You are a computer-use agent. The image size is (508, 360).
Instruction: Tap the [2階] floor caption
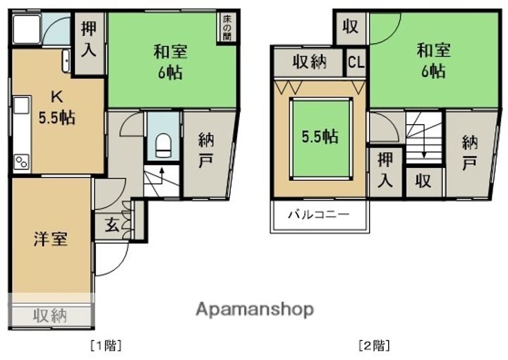[373, 346]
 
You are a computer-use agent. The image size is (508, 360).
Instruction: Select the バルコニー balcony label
[317, 215]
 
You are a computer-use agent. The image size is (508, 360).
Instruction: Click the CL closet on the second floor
[356, 61]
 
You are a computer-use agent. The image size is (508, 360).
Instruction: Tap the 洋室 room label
[51, 239]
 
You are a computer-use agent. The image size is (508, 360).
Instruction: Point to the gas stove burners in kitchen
[21, 162]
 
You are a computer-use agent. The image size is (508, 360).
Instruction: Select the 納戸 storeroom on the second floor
[469, 152]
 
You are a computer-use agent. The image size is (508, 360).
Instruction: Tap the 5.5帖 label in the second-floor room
[320, 137]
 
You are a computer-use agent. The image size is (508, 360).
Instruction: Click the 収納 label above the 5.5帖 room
[309, 61]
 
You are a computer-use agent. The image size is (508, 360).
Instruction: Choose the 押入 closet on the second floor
[384, 169]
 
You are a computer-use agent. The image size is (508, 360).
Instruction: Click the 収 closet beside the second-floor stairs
[423, 181]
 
